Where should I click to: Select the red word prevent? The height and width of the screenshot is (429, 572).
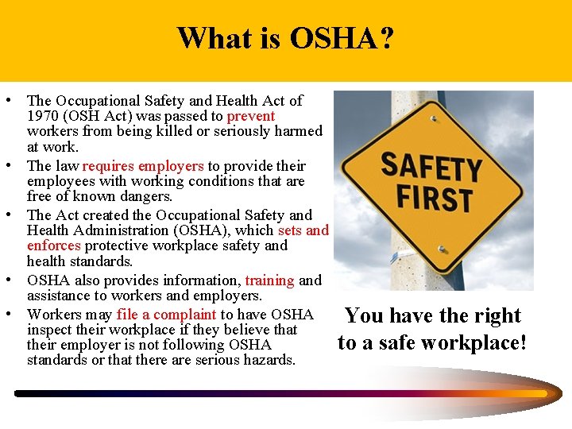pyautogui.click(x=251, y=116)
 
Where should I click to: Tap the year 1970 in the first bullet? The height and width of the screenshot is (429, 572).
pyautogui.click(x=42, y=116)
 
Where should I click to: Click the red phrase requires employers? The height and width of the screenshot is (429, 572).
pyautogui.click(x=143, y=166)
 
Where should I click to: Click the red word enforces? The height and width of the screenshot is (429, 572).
pyautogui.click(x=53, y=245)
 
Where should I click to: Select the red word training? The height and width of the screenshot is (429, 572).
pyautogui.click(x=269, y=280)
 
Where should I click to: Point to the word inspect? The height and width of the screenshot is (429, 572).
pyautogui.click(x=48, y=330)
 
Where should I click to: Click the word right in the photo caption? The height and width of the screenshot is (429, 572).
pyautogui.click(x=495, y=315)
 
